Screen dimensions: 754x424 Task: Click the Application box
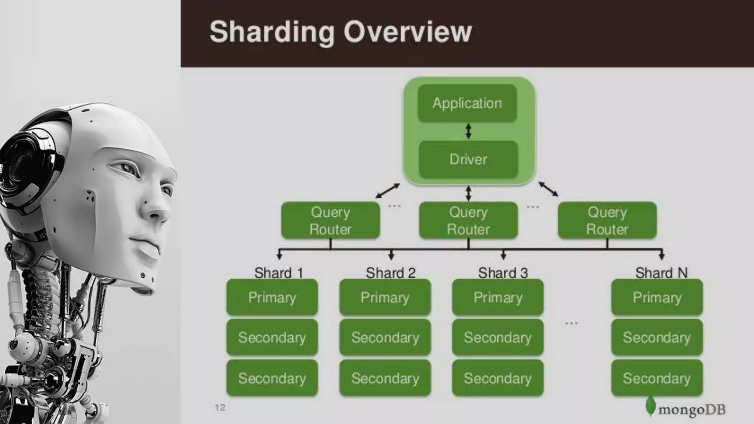point(467,103)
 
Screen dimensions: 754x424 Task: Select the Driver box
point(468,159)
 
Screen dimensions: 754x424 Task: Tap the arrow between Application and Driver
point(468,131)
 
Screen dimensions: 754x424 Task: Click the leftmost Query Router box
point(330,220)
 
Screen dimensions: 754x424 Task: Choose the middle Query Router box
point(468,220)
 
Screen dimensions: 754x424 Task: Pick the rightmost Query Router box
point(607,220)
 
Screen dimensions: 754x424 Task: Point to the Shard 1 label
point(279,273)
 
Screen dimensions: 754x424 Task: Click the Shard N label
point(661,273)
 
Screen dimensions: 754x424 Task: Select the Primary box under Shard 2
point(385,297)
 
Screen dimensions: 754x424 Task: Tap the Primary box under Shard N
point(657,297)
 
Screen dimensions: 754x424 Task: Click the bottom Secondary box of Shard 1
point(272,378)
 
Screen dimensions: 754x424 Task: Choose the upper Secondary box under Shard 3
point(497,337)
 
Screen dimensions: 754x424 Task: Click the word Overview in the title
point(407,32)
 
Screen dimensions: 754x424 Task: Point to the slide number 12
point(220,407)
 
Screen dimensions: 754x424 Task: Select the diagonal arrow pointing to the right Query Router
point(548,189)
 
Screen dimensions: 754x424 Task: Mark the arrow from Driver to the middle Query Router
point(468,193)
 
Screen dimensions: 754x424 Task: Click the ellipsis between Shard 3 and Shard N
point(571,324)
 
